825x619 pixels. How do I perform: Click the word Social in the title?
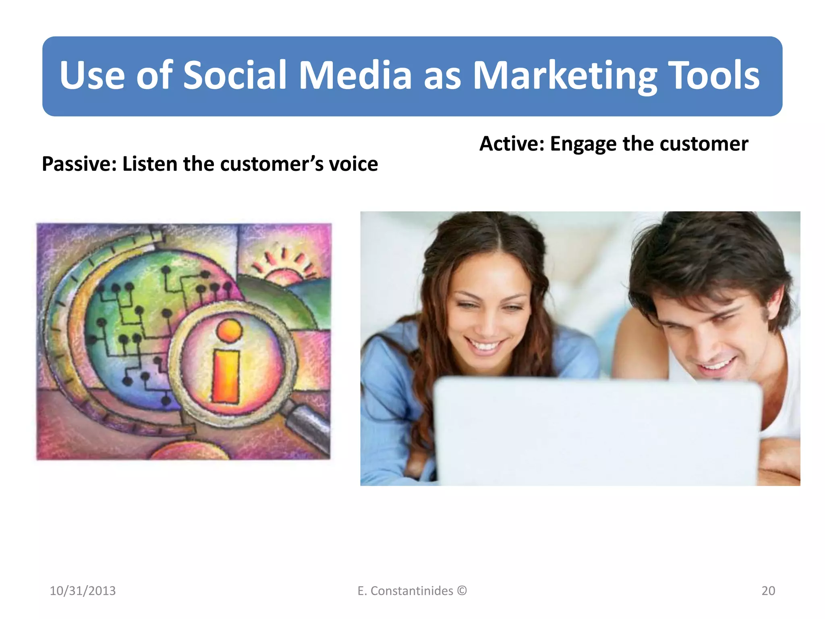pyautogui.click(x=234, y=75)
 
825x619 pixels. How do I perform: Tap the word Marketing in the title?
pyautogui.click(x=564, y=75)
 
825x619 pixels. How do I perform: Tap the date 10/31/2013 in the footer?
pyautogui.click(x=83, y=591)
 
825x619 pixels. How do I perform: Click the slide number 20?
pyautogui.click(x=768, y=591)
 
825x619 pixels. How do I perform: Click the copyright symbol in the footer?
pyautogui.click(x=462, y=591)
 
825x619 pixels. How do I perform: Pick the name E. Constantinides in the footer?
pyautogui.click(x=405, y=591)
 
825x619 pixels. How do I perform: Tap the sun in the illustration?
pyautogui.click(x=284, y=274)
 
